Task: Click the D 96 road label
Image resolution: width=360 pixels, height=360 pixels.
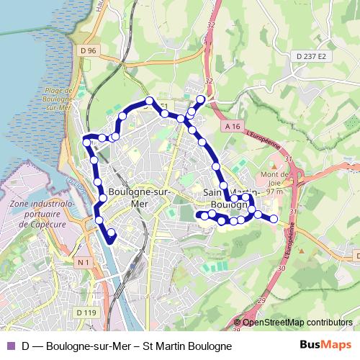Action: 89,50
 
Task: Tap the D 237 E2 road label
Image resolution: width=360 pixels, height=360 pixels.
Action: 311,56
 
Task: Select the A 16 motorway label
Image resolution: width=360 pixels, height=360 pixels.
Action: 231,126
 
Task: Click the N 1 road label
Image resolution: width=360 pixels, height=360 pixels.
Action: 85,263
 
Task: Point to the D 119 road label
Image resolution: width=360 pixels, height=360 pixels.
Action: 86,312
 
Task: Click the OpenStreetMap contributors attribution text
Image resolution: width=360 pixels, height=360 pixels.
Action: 297,322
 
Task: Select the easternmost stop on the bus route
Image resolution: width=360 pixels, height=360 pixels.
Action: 274,218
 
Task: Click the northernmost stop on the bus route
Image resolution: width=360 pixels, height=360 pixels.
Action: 201,99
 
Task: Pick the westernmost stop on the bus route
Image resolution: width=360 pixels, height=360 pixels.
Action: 87,143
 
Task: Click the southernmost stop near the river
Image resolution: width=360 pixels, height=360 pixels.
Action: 111,233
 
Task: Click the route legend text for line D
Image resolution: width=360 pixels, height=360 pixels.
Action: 127,346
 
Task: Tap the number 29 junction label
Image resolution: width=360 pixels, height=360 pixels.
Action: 261,299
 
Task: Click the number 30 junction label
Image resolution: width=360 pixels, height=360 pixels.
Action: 280,268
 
